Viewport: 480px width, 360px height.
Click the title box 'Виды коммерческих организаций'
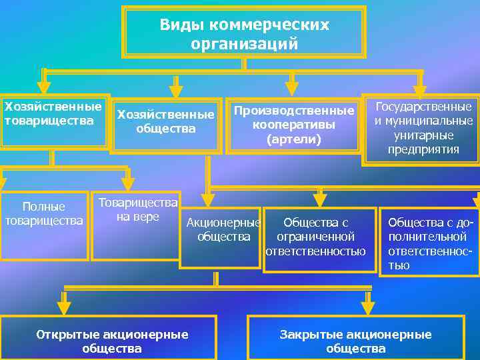(x=244, y=33)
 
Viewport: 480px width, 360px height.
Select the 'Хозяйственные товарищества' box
(x=53, y=121)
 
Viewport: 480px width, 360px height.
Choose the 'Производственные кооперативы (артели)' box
(x=293, y=125)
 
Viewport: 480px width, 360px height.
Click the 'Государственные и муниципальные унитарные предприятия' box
(x=421, y=128)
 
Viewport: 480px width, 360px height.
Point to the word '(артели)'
(x=293, y=140)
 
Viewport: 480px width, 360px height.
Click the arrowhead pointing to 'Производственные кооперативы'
(x=291, y=89)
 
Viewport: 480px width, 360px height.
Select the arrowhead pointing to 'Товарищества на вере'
(x=128, y=184)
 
